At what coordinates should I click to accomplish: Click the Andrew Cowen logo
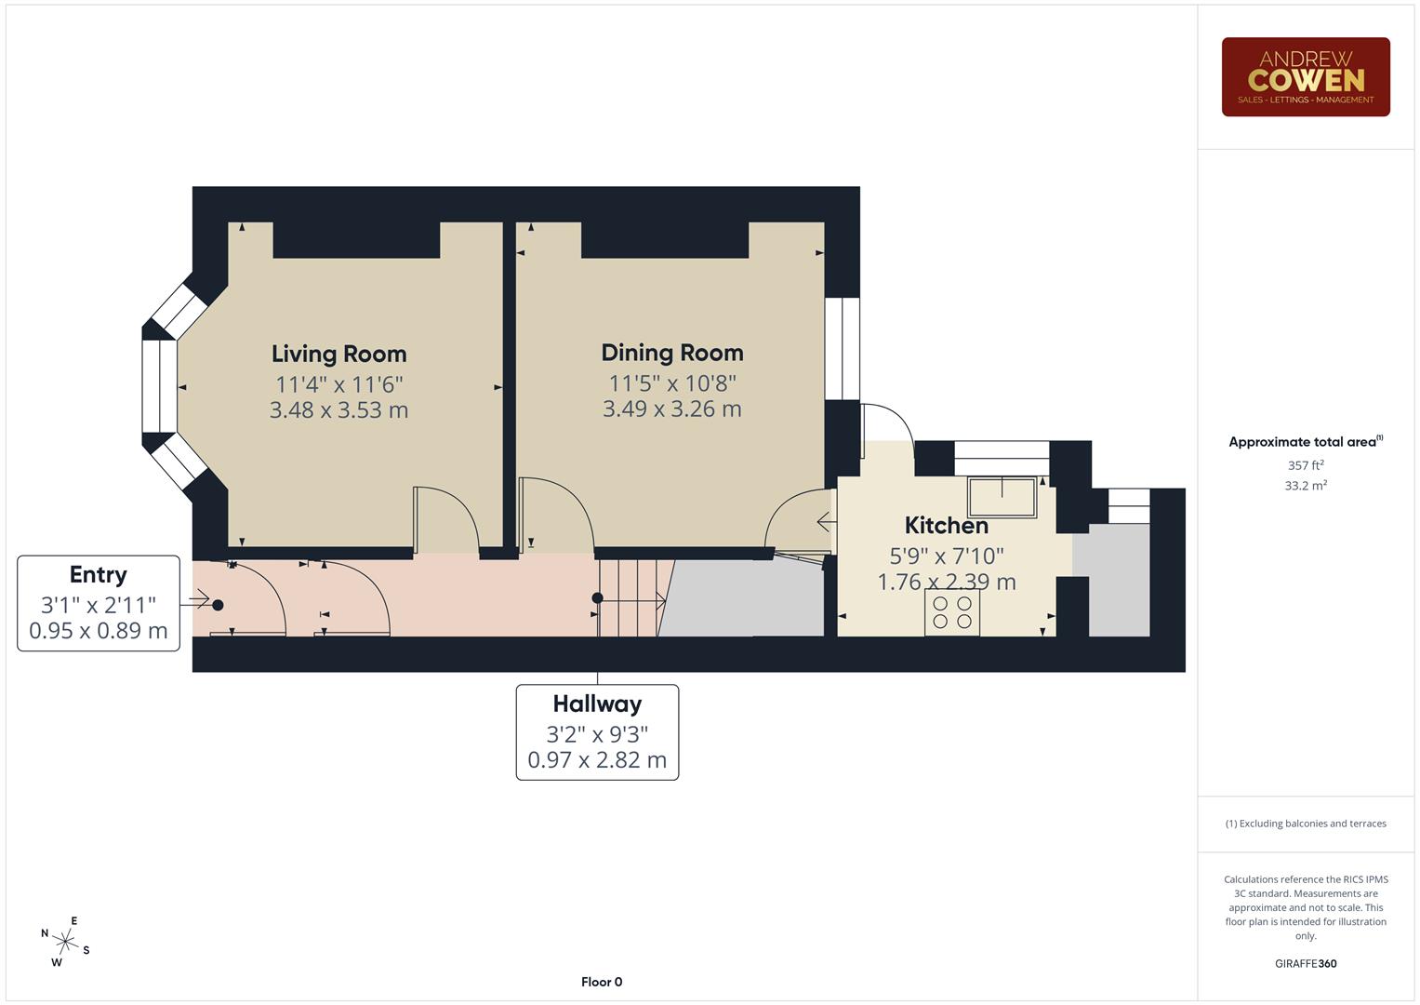click(x=1305, y=77)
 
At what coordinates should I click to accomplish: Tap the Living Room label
click(x=338, y=354)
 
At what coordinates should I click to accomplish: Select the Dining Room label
click(x=672, y=353)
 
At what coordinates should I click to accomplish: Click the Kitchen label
click(x=946, y=526)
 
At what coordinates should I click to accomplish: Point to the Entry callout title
click(x=98, y=575)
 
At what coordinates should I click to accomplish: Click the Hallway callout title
click(x=597, y=704)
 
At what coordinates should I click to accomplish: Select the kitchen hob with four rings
click(x=951, y=612)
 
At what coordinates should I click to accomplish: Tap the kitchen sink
click(x=1002, y=497)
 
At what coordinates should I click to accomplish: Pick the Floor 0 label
click(x=602, y=982)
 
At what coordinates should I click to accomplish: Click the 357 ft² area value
click(x=1305, y=465)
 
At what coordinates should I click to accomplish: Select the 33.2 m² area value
click(x=1305, y=486)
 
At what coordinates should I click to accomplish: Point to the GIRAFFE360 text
click(x=1305, y=964)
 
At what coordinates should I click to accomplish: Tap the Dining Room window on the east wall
click(x=843, y=348)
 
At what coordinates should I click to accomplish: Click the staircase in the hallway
click(x=632, y=598)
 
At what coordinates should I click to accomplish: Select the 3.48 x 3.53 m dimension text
click(x=338, y=410)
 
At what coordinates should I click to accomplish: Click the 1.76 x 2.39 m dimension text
click(x=946, y=583)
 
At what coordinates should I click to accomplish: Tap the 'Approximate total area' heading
click(x=1305, y=442)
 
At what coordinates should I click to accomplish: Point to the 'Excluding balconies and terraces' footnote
click(x=1305, y=824)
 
